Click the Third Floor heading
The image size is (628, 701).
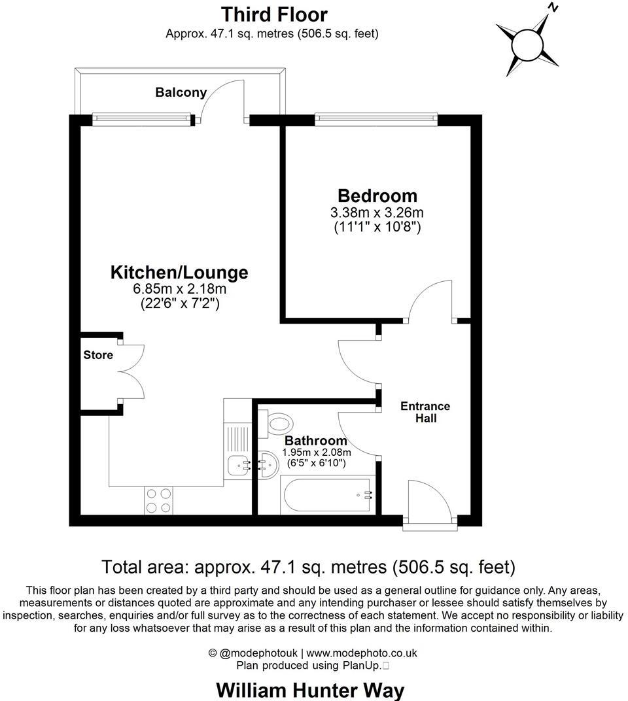(274, 14)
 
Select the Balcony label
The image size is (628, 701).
(181, 93)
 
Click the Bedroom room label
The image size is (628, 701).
(377, 196)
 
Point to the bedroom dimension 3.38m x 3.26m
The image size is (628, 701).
(377, 213)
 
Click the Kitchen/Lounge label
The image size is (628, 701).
(179, 272)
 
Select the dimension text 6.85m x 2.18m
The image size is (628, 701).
(179, 289)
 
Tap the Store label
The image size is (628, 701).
(98, 355)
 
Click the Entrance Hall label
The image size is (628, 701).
(425, 412)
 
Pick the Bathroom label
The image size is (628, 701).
(316, 441)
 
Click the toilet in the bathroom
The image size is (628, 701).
(277, 423)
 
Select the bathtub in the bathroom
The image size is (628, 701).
(328, 496)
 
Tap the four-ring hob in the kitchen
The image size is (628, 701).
(158, 500)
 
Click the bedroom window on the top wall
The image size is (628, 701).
(376, 118)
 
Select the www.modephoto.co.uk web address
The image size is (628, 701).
(362, 653)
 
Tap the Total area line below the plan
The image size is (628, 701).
(309, 566)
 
